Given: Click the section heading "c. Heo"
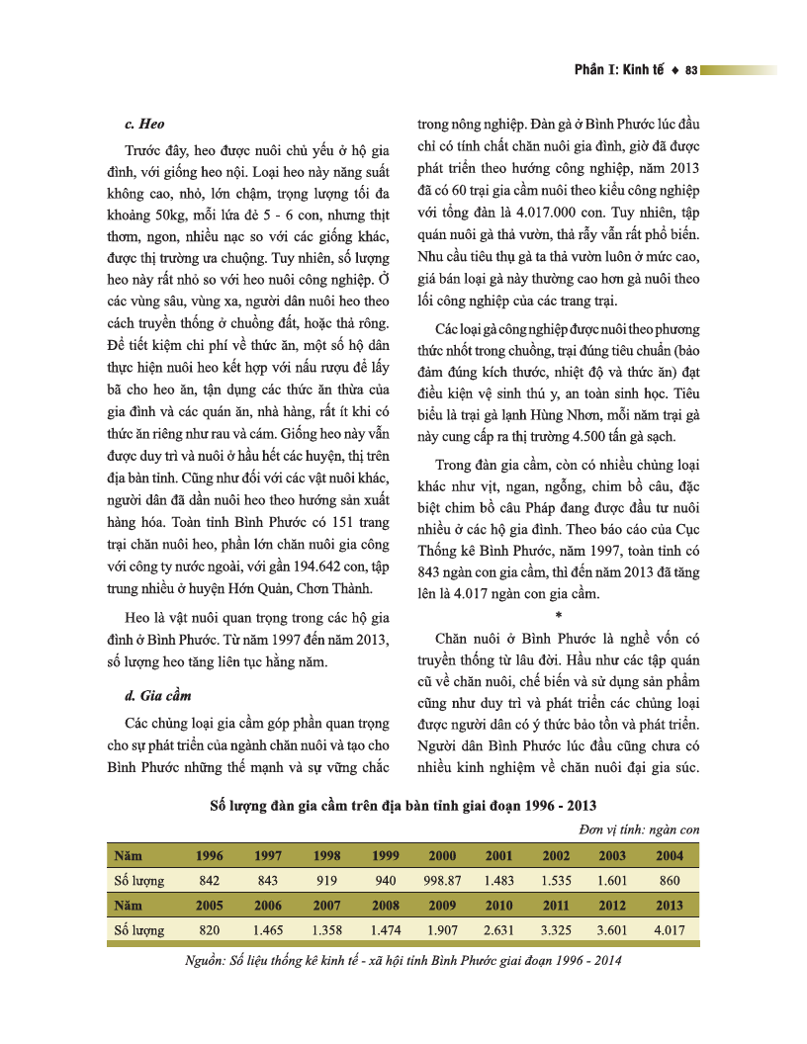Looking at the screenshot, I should pos(143,125).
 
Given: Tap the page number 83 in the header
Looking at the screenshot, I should pos(691,70).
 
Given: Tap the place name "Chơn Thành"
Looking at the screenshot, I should pos(336,589).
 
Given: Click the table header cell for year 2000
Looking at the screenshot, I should pos(442,855).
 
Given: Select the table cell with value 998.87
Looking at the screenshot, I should pos(442,880).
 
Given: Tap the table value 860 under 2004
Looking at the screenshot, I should pos(670,880).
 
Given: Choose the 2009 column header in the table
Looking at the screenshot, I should pos(442,905).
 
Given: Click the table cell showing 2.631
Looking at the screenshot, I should pos(498,930).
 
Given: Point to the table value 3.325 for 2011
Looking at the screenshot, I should pos(556,930).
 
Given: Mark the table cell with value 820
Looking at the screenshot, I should pos(209,930).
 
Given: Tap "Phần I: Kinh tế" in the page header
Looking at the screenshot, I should pos(619,70).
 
